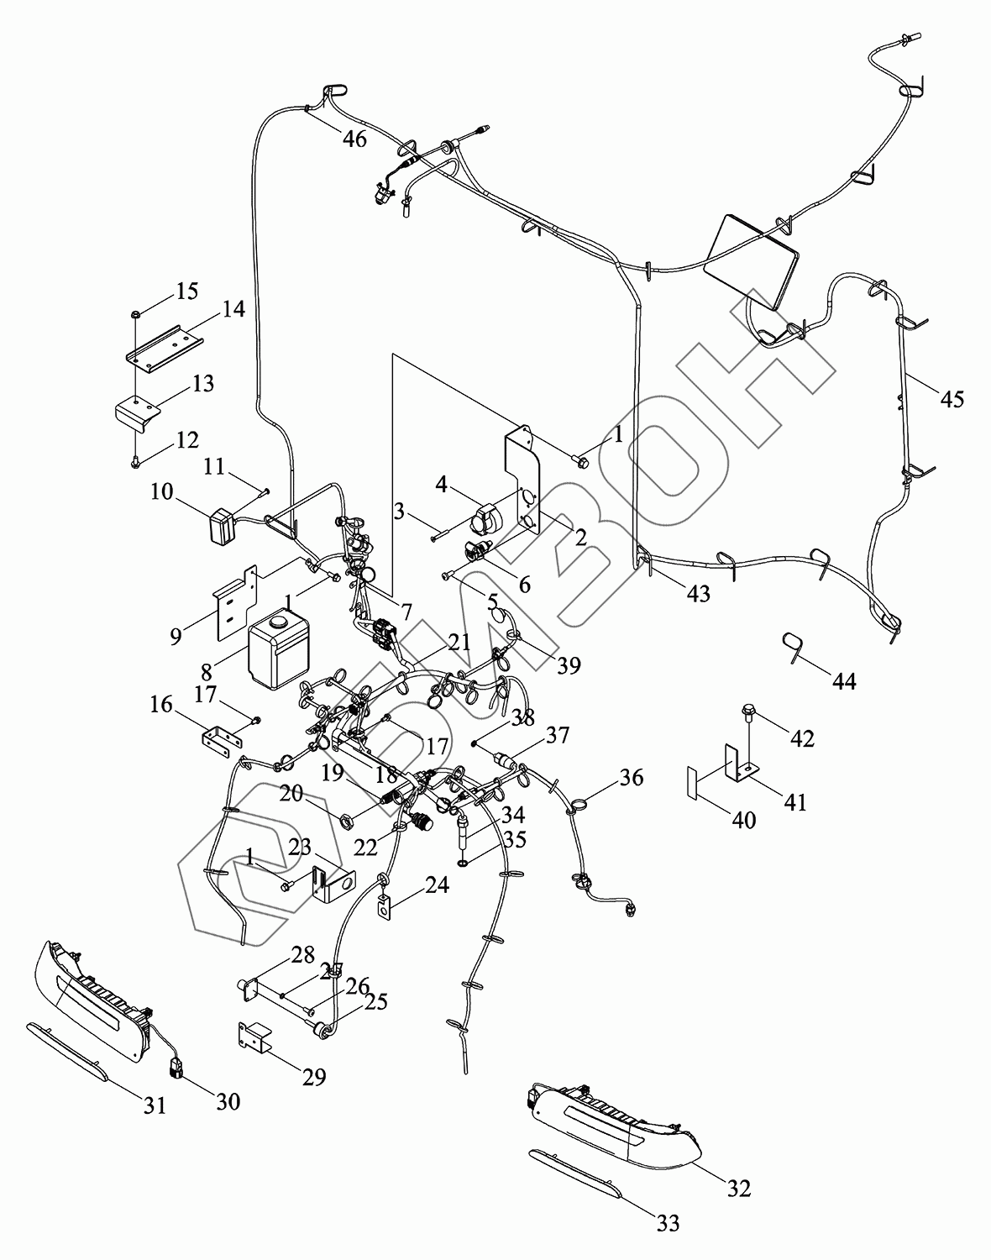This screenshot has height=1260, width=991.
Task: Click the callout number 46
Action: click(354, 138)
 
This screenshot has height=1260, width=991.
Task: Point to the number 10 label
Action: click(162, 491)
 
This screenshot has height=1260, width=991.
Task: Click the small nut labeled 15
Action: click(135, 315)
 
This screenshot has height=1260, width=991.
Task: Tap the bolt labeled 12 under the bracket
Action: click(135, 460)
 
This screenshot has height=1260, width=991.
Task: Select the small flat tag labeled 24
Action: click(385, 908)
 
